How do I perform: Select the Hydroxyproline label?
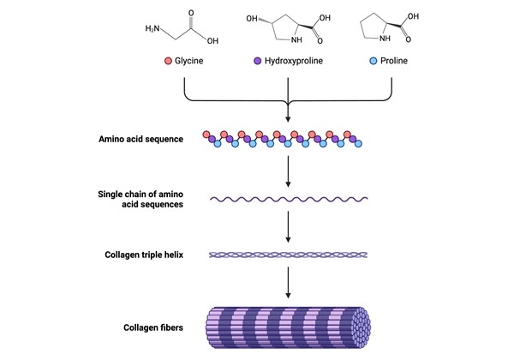click(294, 63)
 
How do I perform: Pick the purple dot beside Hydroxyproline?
click(258, 63)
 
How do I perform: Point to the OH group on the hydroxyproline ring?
click(252, 17)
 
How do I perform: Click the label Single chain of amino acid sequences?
click(139, 199)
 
